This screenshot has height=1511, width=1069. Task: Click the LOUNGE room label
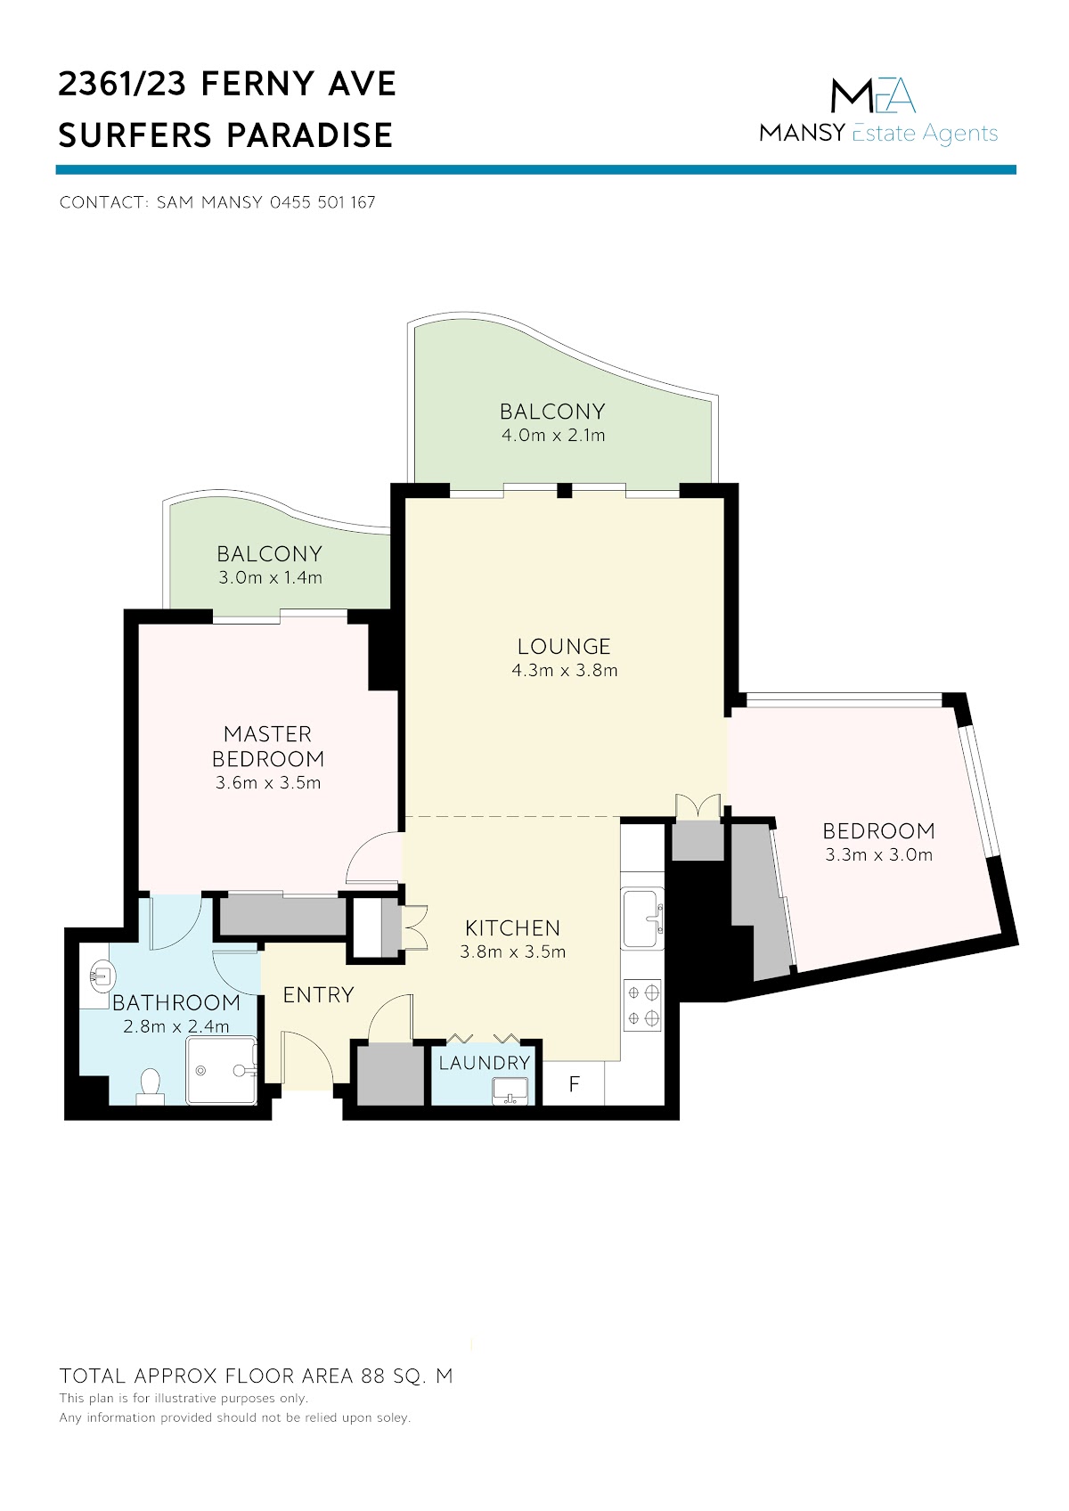[x=564, y=646]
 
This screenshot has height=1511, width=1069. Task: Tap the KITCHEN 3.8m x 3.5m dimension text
[x=512, y=952]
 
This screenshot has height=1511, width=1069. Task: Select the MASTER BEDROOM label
[x=268, y=746]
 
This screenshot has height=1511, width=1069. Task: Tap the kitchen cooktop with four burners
[x=643, y=1005]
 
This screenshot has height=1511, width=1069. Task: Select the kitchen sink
[x=643, y=919]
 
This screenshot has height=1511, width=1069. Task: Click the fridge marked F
[x=574, y=1083]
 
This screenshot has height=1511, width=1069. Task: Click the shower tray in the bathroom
[x=222, y=1070]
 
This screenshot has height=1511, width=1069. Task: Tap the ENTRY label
[x=318, y=995]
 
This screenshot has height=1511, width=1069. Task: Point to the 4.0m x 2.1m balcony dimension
[x=553, y=435]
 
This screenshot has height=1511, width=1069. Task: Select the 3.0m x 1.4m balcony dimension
[x=270, y=577]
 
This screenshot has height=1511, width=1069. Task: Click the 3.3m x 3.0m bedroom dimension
[x=878, y=854]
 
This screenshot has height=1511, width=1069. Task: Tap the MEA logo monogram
[x=873, y=95]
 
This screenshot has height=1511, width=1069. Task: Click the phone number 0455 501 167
[x=322, y=202]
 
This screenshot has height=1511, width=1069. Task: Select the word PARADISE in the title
[x=310, y=135]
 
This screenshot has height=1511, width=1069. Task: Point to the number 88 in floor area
[x=373, y=1376]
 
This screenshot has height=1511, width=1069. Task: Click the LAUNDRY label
[x=485, y=1063]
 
